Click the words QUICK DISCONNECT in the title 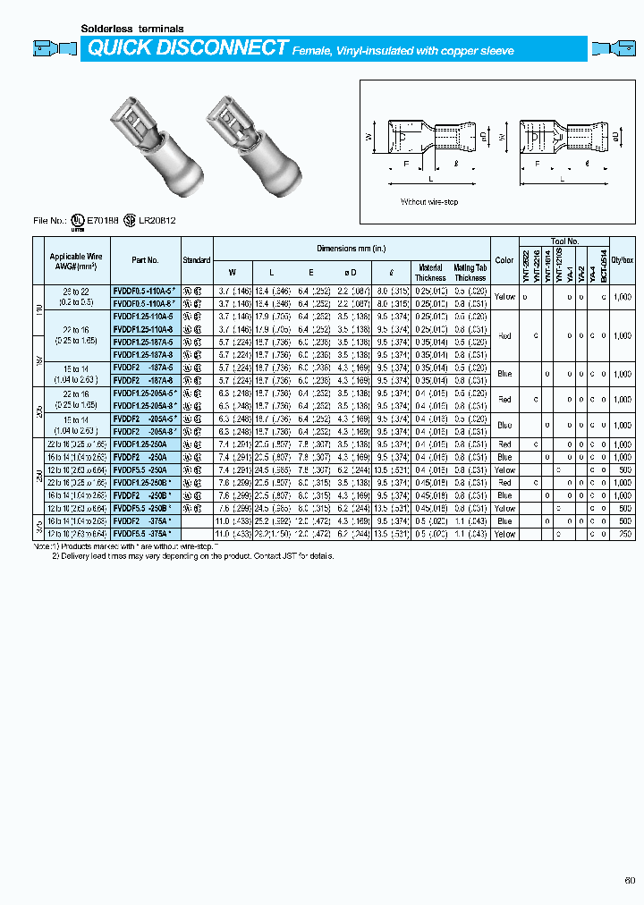point(186,49)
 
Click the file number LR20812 point(157,219)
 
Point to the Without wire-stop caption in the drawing point(428,202)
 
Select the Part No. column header point(145,260)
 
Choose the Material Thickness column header point(430,272)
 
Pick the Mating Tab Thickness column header point(470,272)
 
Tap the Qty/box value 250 point(625,533)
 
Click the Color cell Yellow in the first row point(504,296)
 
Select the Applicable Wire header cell point(72,260)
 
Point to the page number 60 point(630,880)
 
